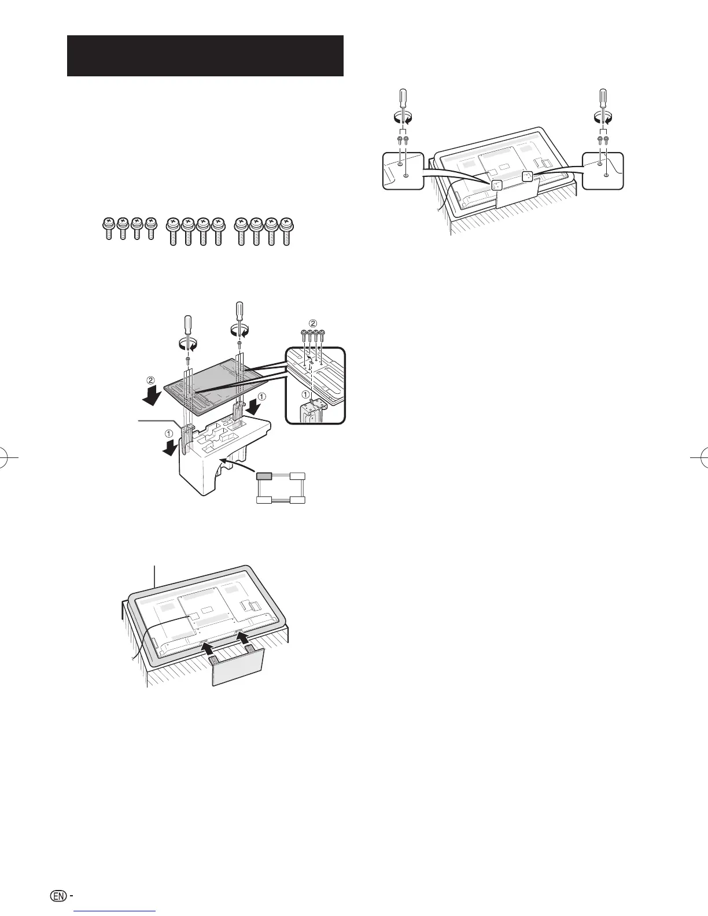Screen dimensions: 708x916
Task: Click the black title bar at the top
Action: [205, 56]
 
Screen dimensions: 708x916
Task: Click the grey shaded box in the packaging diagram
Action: [264, 476]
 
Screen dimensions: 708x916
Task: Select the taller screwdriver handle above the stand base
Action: [239, 314]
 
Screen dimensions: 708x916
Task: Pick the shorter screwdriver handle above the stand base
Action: [187, 327]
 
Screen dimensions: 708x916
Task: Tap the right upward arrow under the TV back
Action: [244, 638]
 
